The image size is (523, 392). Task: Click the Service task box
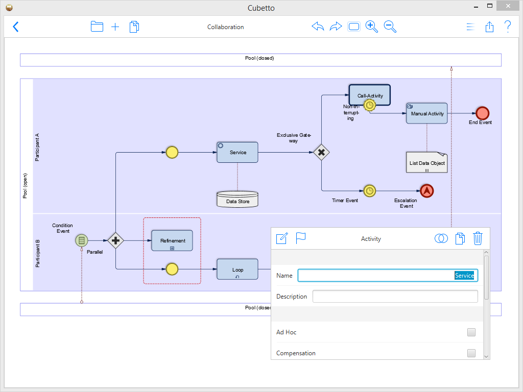point(237,152)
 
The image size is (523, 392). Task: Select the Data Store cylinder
point(237,200)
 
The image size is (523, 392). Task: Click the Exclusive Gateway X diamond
point(321,152)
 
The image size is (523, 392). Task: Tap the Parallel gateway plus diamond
point(115,240)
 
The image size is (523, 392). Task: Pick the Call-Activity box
point(370,95)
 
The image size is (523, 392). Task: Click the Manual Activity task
point(426,113)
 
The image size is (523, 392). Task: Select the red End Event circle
point(482,113)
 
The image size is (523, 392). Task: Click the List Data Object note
point(426,162)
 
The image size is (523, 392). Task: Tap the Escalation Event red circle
point(426,191)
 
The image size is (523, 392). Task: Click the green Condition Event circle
point(81,240)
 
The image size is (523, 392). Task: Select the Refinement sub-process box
point(172,240)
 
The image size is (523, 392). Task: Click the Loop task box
point(237,269)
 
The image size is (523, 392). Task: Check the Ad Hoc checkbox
point(471,332)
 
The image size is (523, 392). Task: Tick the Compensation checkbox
point(471,353)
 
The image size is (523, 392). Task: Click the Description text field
point(395,297)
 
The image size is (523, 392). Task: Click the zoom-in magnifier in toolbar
point(371,27)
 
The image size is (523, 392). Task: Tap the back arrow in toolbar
point(16,27)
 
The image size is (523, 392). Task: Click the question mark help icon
point(507,27)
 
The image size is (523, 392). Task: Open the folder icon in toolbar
point(97,27)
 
